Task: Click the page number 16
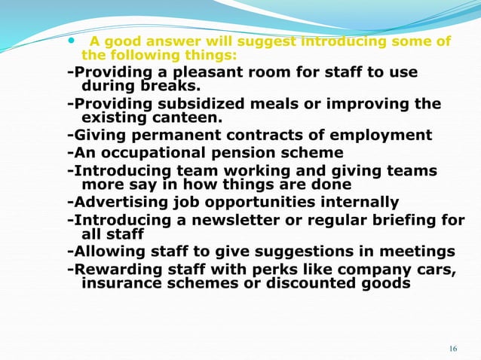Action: coord(452,348)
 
